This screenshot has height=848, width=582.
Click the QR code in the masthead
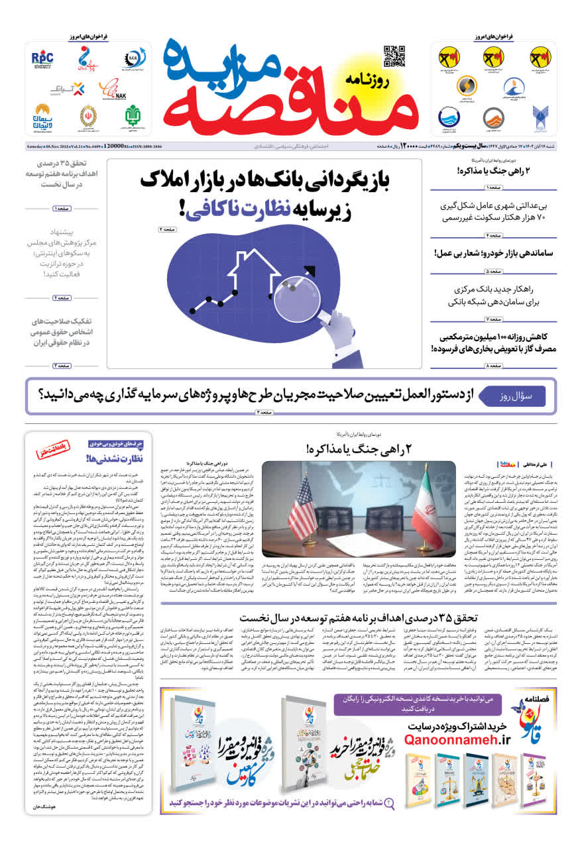tap(394, 56)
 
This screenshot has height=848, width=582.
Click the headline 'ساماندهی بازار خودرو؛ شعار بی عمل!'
tap(494, 253)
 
